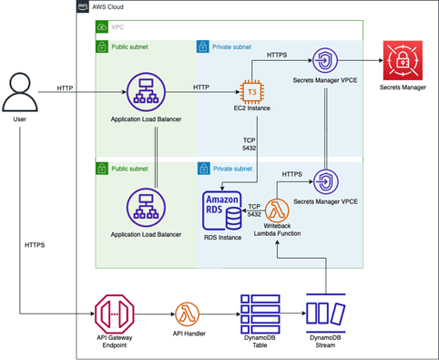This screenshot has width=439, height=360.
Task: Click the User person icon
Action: [20, 92]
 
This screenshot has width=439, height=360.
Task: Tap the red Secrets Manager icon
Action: [403, 60]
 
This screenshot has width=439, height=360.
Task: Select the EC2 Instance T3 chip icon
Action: [251, 92]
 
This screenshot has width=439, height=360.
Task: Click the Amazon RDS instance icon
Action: [222, 211]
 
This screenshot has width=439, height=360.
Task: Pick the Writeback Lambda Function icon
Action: [277, 211]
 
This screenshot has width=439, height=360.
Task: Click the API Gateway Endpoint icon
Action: [115, 314]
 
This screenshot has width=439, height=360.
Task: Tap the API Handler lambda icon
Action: [188, 314]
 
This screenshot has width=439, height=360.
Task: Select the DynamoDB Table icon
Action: [260, 314]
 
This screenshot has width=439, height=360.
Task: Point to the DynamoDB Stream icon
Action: [326, 314]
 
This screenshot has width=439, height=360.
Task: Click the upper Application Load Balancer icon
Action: [146, 92]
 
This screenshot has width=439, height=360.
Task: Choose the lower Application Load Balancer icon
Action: [146, 208]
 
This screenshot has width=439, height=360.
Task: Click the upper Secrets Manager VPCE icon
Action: [325, 60]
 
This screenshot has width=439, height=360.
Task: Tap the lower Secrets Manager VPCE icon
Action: [326, 181]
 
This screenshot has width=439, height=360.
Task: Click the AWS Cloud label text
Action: [107, 6]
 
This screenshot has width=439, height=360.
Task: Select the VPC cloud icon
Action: [102, 27]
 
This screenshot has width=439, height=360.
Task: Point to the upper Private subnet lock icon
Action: [203, 46]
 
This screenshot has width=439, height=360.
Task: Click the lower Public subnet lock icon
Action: [102, 169]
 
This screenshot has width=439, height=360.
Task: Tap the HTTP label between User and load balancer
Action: [65, 88]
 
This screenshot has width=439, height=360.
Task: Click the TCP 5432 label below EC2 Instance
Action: [249, 144]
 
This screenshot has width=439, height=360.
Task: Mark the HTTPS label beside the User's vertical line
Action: [35, 245]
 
